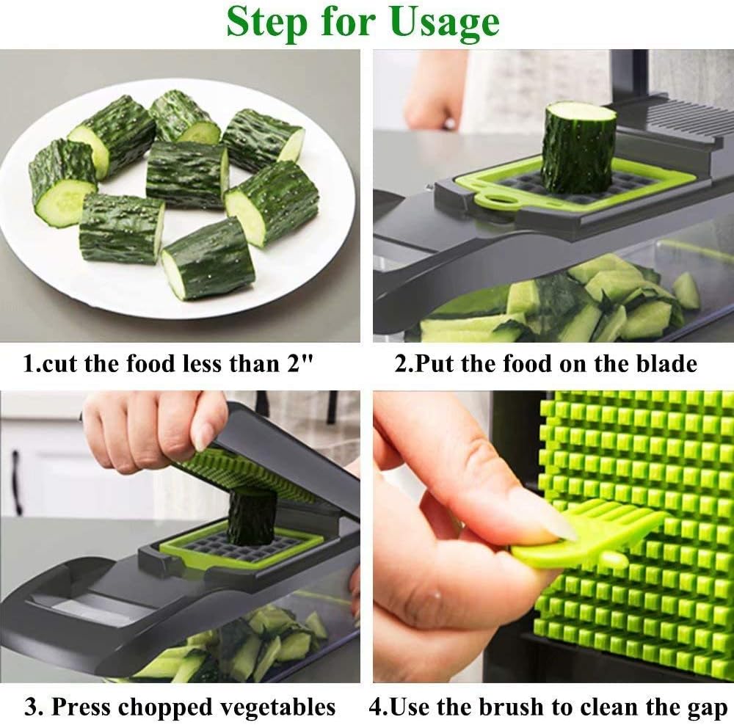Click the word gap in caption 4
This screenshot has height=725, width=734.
(707, 709)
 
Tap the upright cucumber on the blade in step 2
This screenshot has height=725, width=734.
(578, 147)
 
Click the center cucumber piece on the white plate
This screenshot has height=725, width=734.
(186, 175)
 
